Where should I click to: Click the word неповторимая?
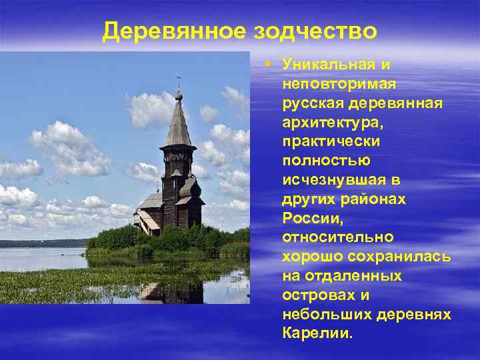coord(338,84)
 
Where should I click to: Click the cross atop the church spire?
coord(178,81)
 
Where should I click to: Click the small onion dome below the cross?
coord(178,95)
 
